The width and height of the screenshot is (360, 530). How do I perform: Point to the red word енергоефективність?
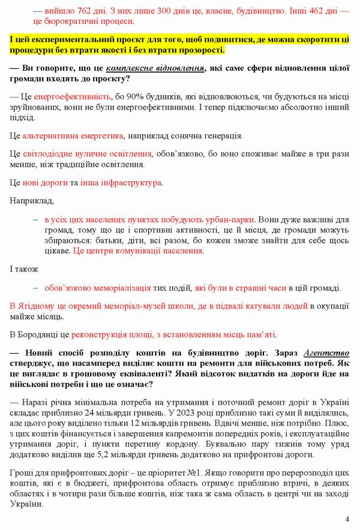click(x=73, y=97)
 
